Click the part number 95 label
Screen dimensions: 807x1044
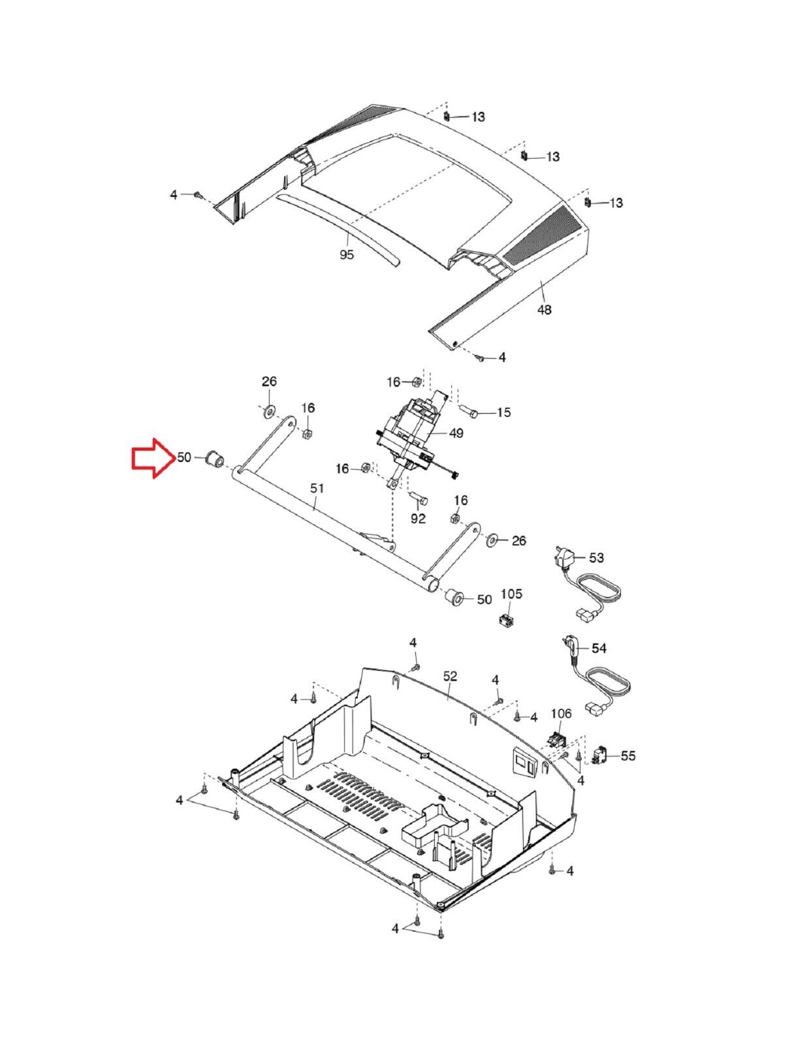point(347,254)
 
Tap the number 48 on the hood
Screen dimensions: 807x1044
point(544,310)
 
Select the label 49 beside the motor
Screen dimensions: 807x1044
point(456,433)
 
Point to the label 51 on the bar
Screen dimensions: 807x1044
point(317,489)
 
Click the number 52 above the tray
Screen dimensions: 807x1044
point(450,676)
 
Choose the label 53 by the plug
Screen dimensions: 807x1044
point(596,558)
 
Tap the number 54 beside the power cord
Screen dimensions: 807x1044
point(599,649)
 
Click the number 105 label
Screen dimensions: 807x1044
point(511,594)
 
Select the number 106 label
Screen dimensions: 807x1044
point(561,713)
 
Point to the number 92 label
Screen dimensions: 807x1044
point(418,518)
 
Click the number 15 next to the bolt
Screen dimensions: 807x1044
point(503,412)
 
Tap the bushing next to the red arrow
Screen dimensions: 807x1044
point(214,458)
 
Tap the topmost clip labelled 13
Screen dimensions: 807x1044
point(447,117)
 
